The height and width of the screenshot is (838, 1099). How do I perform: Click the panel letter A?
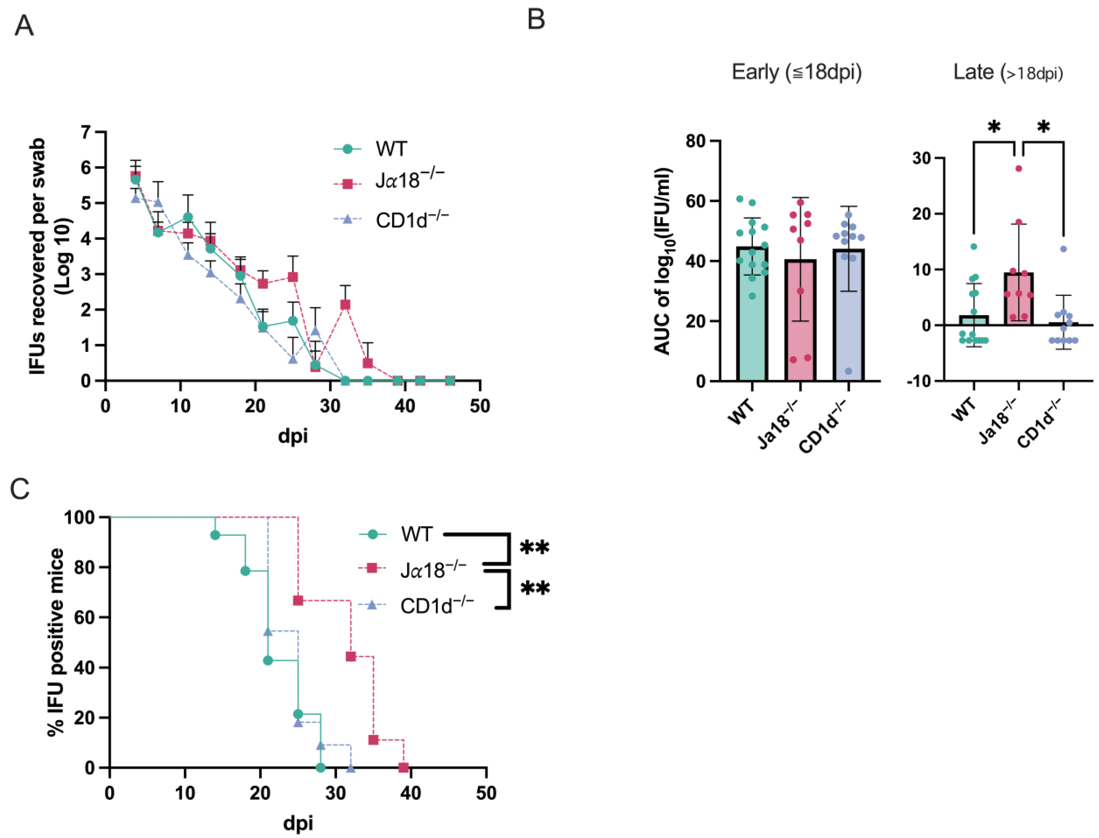[24, 26]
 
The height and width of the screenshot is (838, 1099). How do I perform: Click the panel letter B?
[536, 20]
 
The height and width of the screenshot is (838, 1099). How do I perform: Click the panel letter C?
[20, 489]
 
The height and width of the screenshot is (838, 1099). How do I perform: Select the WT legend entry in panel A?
[391, 149]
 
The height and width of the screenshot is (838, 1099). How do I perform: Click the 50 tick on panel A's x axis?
[480, 407]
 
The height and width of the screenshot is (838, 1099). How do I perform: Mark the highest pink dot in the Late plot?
[1019, 169]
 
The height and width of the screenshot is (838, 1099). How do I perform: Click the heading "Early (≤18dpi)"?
[796, 72]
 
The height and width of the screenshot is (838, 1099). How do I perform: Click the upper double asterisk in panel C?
[535, 548]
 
